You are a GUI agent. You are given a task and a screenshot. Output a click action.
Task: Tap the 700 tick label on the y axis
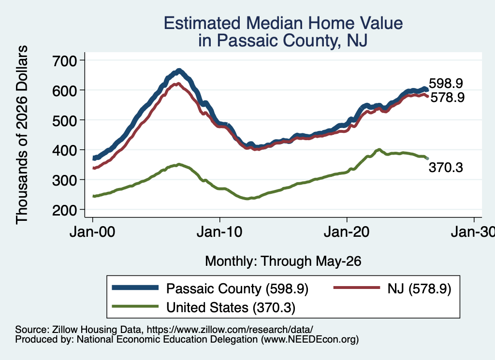tap(64, 60)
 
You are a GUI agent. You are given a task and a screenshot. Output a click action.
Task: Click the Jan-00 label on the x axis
tap(92, 232)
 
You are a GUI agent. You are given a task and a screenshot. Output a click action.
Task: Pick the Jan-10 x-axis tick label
tap(219, 232)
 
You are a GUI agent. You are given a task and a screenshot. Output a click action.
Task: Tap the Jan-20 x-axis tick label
tap(347, 232)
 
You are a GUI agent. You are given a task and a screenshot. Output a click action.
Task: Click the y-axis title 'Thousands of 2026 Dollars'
tap(22, 135)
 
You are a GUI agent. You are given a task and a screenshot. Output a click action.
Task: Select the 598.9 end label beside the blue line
tap(446, 83)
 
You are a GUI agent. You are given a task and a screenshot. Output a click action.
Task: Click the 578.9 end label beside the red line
tap(447, 97)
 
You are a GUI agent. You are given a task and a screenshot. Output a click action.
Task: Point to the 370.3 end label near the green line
tap(446, 167)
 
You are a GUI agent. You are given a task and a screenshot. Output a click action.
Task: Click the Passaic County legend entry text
tap(237, 288)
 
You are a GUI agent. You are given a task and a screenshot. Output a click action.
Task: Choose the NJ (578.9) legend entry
tap(419, 288)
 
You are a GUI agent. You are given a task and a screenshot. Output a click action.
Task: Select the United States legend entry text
tap(231, 308)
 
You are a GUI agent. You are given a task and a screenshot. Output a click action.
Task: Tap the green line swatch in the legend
tap(135, 306)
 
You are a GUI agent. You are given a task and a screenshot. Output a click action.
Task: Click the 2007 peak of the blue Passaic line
tap(179, 71)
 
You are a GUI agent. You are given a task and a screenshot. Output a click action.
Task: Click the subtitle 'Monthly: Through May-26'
tap(283, 261)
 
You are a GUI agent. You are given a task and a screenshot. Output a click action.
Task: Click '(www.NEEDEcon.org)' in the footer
tap(310, 340)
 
